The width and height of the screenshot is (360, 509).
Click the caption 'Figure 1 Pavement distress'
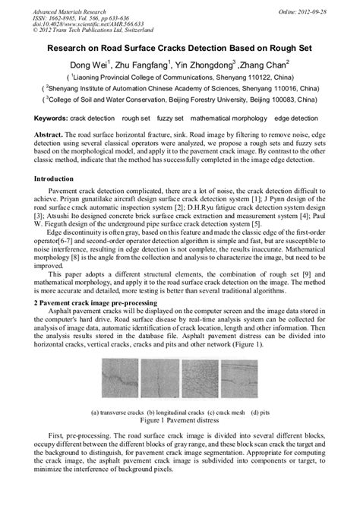click(179, 419)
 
